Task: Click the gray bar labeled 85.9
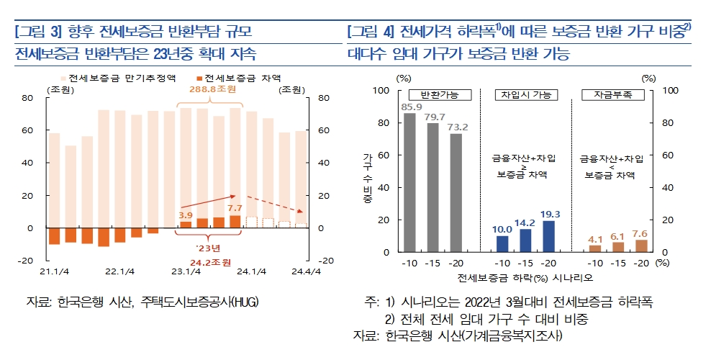pos(409,182)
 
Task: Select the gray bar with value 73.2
pos(456,192)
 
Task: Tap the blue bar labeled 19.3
pos(549,236)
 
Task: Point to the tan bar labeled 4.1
pos(595,248)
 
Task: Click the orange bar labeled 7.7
pos(235,222)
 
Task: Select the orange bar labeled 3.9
pos(186,225)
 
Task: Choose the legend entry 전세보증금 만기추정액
pos(121,77)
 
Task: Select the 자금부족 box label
pos(613,95)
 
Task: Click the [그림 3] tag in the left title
pos(37,32)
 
